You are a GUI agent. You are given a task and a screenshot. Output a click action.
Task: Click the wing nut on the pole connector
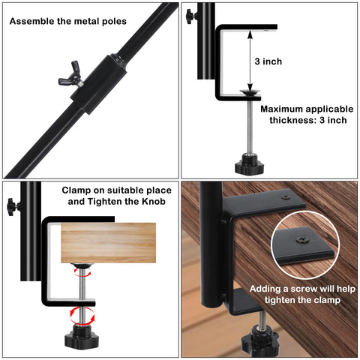click(x=71, y=76)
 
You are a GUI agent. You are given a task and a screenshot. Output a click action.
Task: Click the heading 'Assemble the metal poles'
click(x=68, y=21)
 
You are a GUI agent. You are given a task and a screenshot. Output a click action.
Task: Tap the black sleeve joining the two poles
click(x=98, y=84)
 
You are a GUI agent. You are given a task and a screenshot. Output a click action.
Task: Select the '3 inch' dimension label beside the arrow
click(x=268, y=61)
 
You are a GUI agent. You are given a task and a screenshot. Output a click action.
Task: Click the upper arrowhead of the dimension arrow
click(x=250, y=34)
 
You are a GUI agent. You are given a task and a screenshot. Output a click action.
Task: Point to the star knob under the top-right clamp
click(x=249, y=164)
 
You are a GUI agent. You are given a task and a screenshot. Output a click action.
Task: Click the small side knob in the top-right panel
click(x=191, y=16)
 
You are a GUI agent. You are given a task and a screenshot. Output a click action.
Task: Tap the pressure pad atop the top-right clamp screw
click(x=250, y=92)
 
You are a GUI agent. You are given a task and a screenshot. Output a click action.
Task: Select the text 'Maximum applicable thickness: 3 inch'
click(x=307, y=115)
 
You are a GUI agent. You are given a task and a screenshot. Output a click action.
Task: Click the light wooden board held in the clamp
click(x=109, y=243)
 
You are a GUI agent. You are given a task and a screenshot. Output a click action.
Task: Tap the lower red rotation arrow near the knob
click(x=82, y=316)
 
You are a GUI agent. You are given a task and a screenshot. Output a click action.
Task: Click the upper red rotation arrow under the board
click(x=82, y=271)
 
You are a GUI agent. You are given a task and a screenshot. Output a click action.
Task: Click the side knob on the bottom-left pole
click(x=13, y=207)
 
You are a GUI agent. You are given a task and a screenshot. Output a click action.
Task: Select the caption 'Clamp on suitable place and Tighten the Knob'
click(x=117, y=196)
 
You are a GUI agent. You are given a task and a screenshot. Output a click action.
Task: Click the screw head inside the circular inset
click(x=303, y=240)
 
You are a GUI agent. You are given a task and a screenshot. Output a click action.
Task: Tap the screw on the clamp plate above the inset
click(x=286, y=197)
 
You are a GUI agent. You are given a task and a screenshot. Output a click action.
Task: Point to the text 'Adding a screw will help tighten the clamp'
click(x=302, y=294)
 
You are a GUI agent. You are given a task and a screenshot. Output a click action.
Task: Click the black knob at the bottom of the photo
click(x=259, y=340)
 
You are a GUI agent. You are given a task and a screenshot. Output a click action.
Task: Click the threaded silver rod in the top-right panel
click(x=250, y=127)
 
